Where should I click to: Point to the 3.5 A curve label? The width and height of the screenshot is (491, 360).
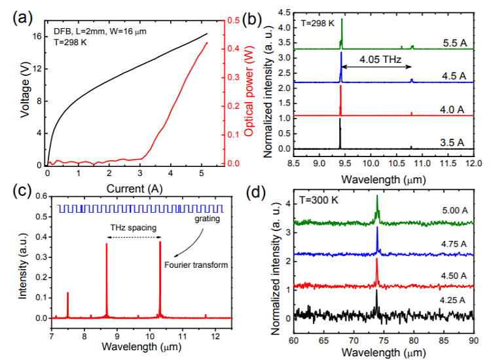pyautogui.click(x=452, y=141)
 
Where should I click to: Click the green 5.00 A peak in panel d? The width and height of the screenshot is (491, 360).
pyautogui.click(x=377, y=196)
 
